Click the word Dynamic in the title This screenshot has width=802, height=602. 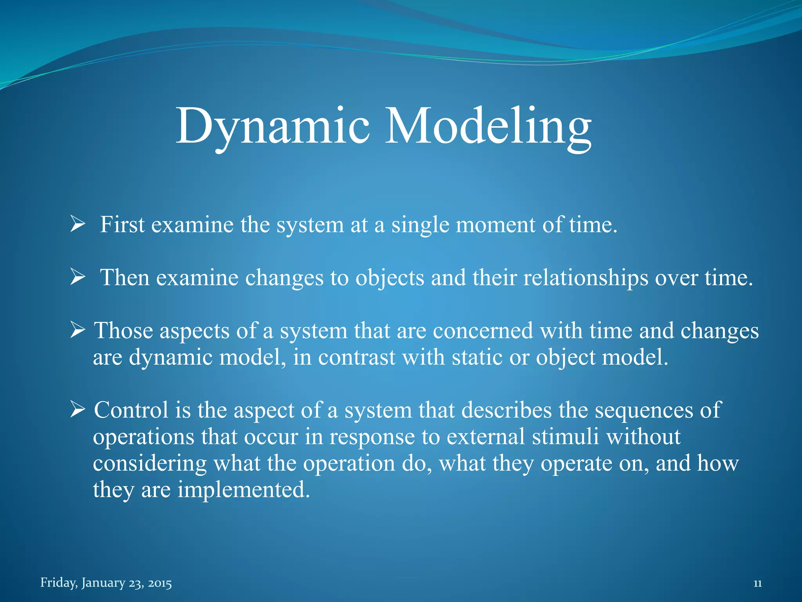(x=273, y=126)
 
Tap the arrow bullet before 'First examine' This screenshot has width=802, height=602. (x=78, y=225)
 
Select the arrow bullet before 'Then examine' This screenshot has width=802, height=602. (x=78, y=277)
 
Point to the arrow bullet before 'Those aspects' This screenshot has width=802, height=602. (x=78, y=331)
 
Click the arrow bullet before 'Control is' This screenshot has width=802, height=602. (x=78, y=410)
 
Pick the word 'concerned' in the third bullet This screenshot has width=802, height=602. (x=483, y=331)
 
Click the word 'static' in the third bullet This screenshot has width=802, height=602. (x=477, y=357)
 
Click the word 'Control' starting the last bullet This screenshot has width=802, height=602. (x=131, y=410)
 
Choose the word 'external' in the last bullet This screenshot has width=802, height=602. (x=485, y=437)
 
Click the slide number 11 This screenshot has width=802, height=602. (x=757, y=584)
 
